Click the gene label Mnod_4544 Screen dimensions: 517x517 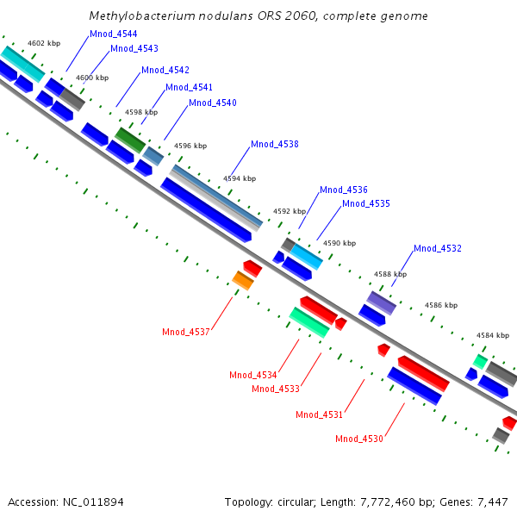114,34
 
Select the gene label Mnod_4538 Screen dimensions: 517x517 275,145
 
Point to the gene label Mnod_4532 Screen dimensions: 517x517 438,249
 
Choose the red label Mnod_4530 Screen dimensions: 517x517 359,439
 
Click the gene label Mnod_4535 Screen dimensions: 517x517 366,204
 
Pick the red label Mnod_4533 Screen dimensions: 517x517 276,389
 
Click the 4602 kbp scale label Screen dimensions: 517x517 43,42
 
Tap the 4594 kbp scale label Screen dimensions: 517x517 240,178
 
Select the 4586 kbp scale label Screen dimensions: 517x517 441,305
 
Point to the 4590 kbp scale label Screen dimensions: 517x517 339,243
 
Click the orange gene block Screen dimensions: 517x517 243,280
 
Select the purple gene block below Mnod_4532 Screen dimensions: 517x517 382,302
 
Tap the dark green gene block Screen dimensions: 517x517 131,139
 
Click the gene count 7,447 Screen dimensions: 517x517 489,501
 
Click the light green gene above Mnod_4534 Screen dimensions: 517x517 309,321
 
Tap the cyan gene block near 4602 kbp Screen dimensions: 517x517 22,63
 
